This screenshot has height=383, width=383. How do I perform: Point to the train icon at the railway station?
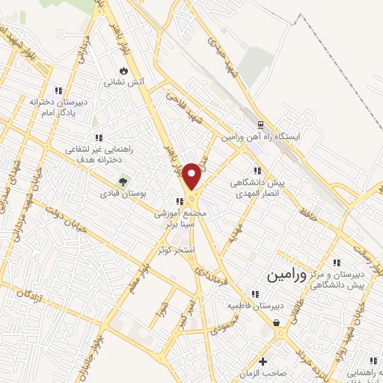coord(260,125)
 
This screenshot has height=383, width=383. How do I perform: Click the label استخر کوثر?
coord(176,249)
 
